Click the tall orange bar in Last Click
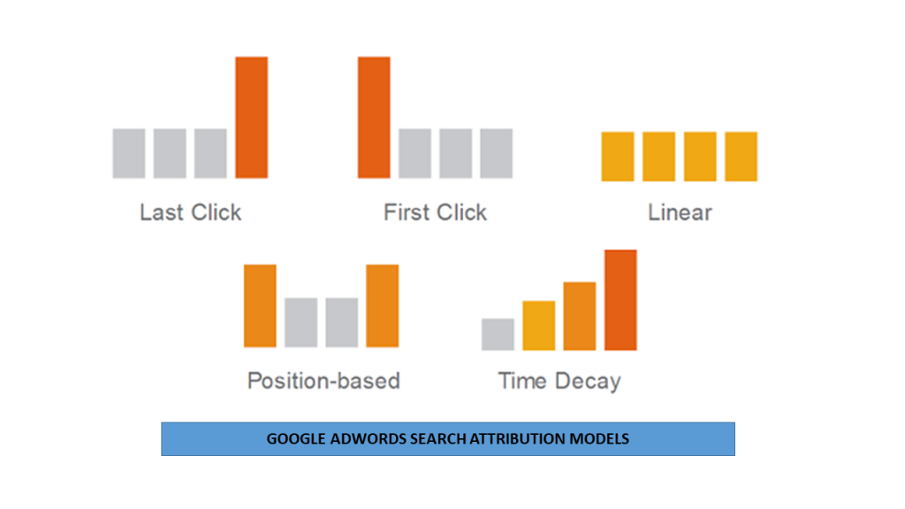[x=252, y=118]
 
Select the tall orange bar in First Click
[x=374, y=118]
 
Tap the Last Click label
[x=191, y=212]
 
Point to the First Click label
[x=435, y=212]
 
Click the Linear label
[x=680, y=212]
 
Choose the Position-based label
[x=323, y=381]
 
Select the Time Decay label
[x=559, y=382]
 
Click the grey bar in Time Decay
[x=498, y=334]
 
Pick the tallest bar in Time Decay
[x=620, y=300]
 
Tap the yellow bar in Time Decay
[x=539, y=325]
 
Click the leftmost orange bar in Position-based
[x=261, y=306]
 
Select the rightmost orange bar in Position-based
[x=383, y=306]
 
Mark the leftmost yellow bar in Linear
[x=618, y=156]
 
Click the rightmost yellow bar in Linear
[x=741, y=156]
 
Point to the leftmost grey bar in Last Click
[x=129, y=154]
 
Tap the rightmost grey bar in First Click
[x=497, y=154]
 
